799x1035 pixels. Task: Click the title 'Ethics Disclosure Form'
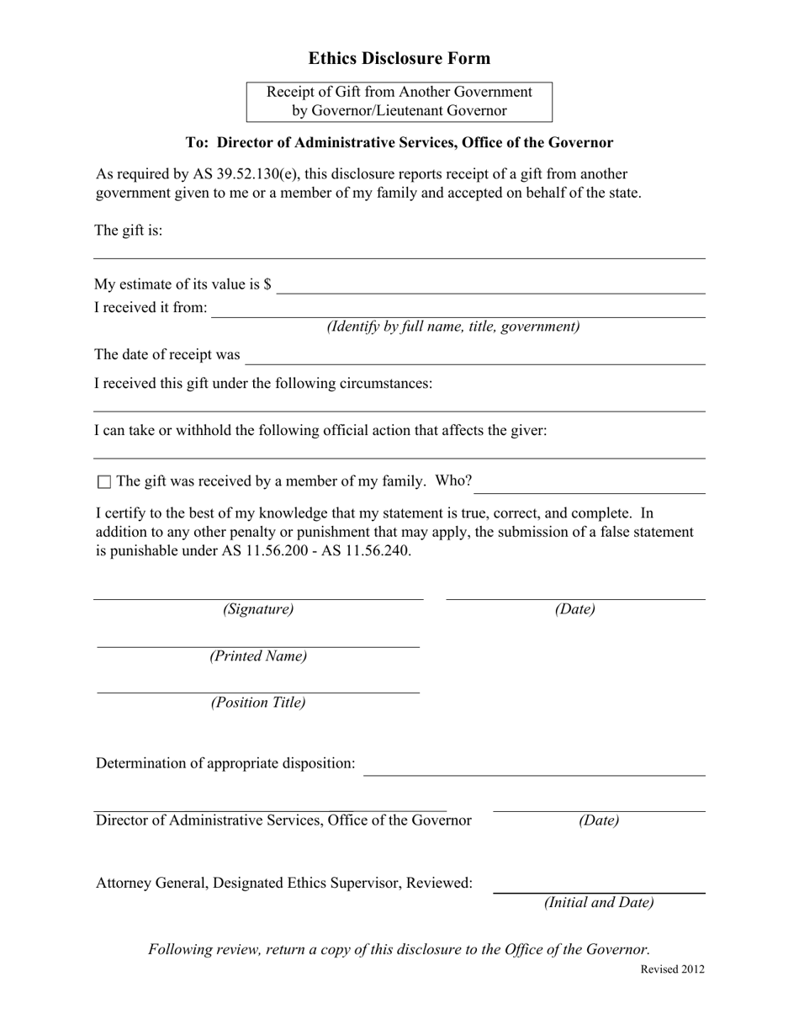pyautogui.click(x=399, y=58)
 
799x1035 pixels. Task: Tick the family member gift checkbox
pyautogui.click(x=104, y=482)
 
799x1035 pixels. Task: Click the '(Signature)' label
pyautogui.click(x=258, y=609)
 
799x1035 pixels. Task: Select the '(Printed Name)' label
pyautogui.click(x=258, y=656)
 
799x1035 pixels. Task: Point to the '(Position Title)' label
pyautogui.click(x=258, y=703)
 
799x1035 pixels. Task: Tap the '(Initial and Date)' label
pyautogui.click(x=599, y=903)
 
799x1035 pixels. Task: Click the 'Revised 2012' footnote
pyautogui.click(x=673, y=969)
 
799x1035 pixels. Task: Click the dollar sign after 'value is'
pyautogui.click(x=267, y=284)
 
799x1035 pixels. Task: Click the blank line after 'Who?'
pyautogui.click(x=590, y=488)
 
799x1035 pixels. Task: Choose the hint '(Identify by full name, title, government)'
pyautogui.click(x=453, y=326)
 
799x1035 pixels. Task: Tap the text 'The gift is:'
pyautogui.click(x=129, y=231)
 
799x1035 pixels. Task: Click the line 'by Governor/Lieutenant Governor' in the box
pyautogui.click(x=399, y=110)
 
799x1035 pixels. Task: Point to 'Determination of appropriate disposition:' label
pyautogui.click(x=225, y=763)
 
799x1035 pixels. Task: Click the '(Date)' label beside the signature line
pyautogui.click(x=574, y=609)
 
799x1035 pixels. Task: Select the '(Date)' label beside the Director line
pyautogui.click(x=599, y=820)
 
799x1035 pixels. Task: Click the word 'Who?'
pyautogui.click(x=454, y=481)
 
